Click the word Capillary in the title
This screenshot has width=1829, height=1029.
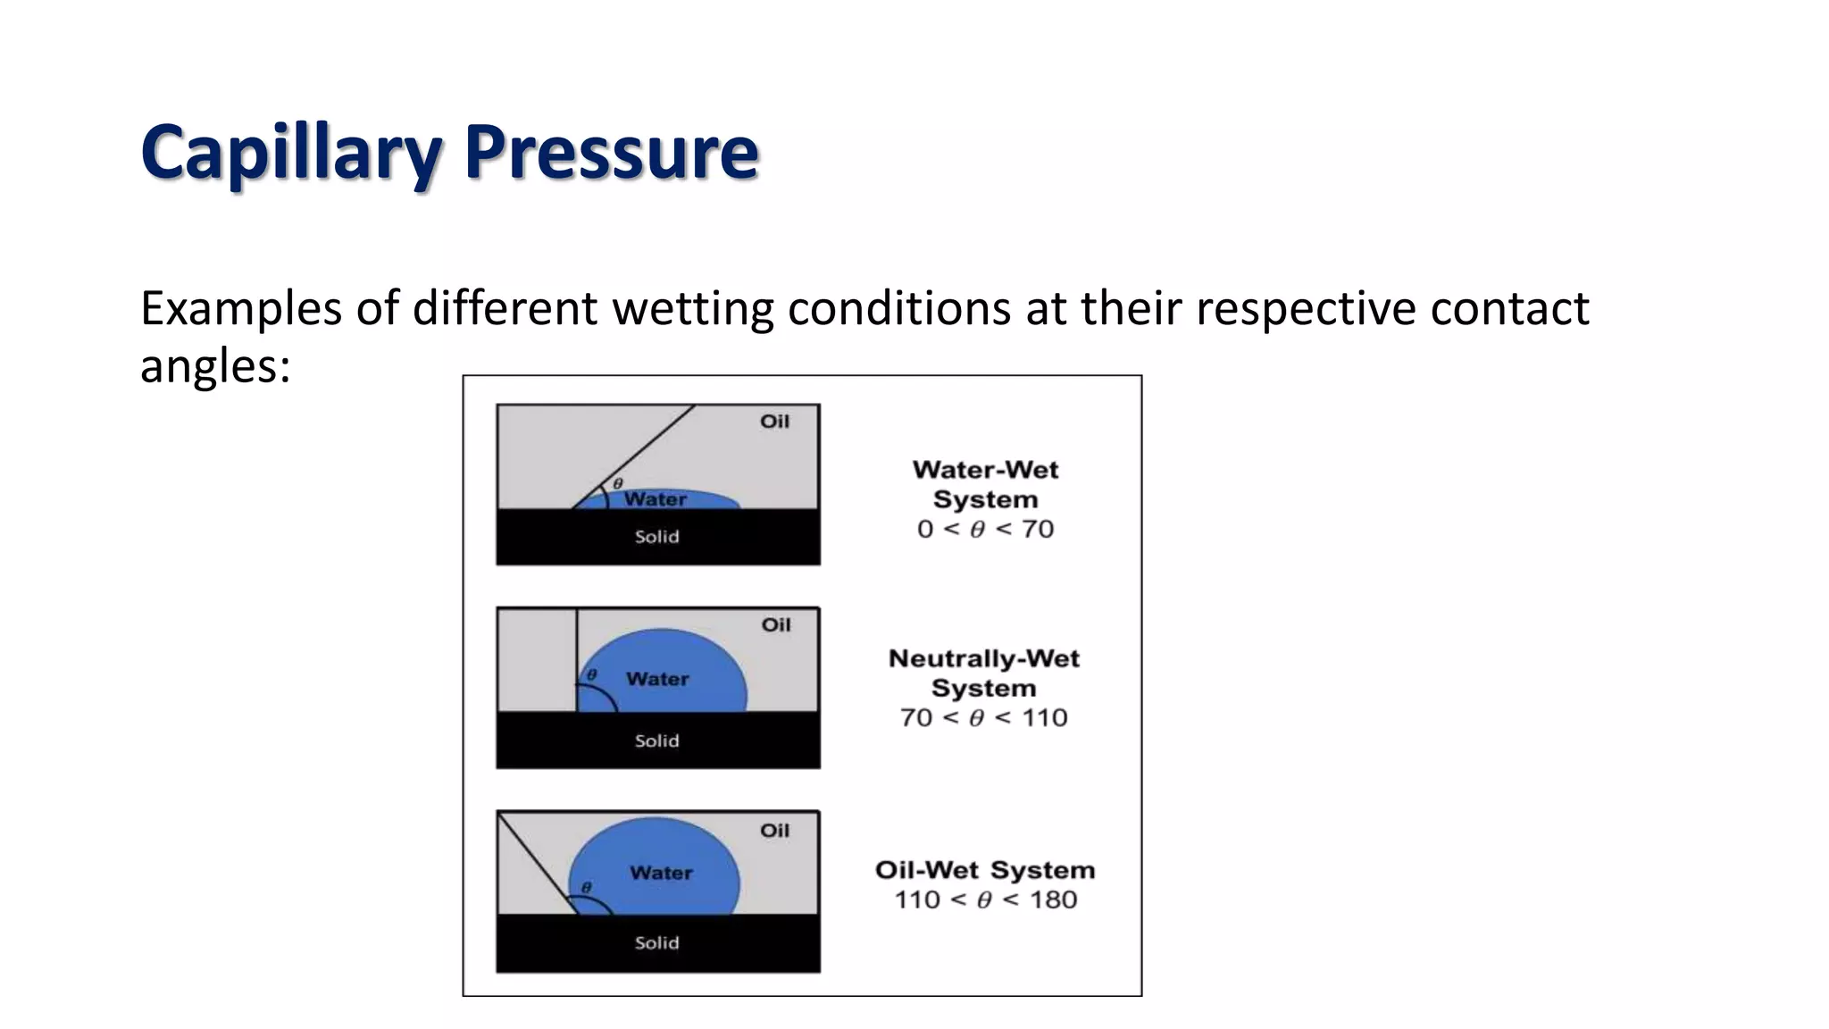click(x=291, y=152)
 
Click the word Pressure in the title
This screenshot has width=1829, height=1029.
click(x=611, y=152)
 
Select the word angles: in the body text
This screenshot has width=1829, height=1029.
click(x=215, y=366)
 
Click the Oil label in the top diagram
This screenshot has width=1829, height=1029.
click(x=774, y=422)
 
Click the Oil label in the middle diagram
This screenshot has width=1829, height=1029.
click(x=775, y=625)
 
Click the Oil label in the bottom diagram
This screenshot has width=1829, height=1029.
click(x=774, y=831)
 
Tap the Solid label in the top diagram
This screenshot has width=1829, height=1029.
click(x=656, y=537)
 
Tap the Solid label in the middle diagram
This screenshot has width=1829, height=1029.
click(x=656, y=740)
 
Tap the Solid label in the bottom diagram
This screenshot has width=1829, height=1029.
click(x=656, y=943)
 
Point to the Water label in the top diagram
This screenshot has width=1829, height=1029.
click(x=656, y=499)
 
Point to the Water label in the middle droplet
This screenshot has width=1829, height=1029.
click(x=657, y=679)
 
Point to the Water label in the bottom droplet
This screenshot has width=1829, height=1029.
click(x=661, y=873)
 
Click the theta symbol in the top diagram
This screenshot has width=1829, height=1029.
click(x=617, y=483)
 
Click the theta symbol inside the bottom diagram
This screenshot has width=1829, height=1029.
click(x=587, y=887)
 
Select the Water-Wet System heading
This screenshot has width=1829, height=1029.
click(x=985, y=484)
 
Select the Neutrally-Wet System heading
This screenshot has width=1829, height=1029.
click(x=984, y=673)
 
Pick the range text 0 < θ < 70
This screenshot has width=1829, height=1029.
click(x=985, y=529)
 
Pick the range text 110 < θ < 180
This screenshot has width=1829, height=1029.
click(x=985, y=899)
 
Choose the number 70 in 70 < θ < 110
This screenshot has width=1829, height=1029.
click(x=916, y=718)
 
